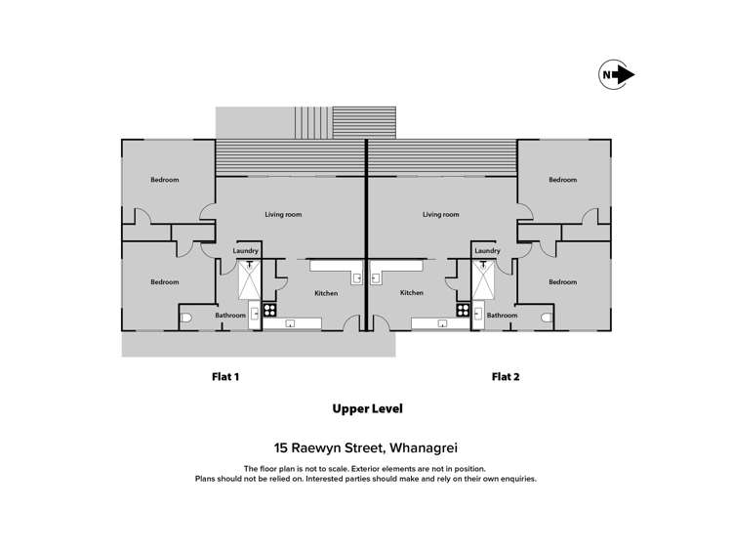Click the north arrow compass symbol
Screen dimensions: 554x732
coord(617,74)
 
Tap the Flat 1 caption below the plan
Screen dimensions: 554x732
coord(225,376)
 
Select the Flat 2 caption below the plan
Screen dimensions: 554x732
coord(505,376)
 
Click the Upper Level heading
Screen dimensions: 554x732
coord(367,408)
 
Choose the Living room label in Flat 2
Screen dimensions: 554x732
coord(441,214)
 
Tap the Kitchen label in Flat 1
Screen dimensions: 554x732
coord(326,292)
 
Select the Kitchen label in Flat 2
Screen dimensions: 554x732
coord(412,292)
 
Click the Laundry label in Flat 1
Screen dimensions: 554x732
coord(246,251)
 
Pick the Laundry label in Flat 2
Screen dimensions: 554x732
coord(487,251)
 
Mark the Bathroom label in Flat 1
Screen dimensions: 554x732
coord(230,316)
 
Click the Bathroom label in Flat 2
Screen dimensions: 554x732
coord(502,316)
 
